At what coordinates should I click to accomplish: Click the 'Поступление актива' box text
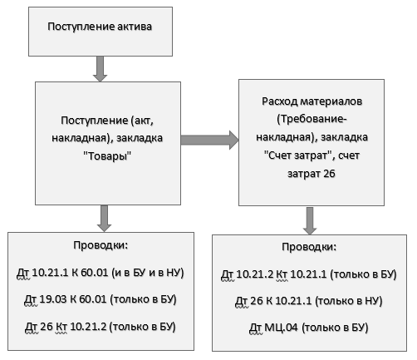(x=100, y=27)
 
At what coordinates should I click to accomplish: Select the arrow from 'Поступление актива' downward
(x=100, y=69)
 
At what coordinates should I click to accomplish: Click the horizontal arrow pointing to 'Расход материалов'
(x=209, y=140)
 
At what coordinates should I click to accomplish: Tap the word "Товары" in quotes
(x=107, y=156)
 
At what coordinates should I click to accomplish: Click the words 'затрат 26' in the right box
(x=312, y=174)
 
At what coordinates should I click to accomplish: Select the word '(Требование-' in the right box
(x=312, y=119)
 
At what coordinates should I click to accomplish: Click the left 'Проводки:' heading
(x=101, y=245)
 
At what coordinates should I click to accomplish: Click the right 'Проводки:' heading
(x=309, y=247)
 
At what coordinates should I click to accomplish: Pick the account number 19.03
(x=53, y=299)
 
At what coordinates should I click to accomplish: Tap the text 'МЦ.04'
(x=281, y=328)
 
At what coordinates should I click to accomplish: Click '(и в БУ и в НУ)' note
(x=148, y=273)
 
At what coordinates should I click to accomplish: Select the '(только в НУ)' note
(x=349, y=301)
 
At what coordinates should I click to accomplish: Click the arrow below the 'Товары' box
(x=104, y=218)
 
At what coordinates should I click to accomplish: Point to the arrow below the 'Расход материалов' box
(x=310, y=220)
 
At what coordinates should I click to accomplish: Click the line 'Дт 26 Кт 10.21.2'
(x=66, y=327)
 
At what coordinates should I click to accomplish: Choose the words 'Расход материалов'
(x=312, y=101)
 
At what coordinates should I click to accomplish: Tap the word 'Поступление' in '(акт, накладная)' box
(x=95, y=121)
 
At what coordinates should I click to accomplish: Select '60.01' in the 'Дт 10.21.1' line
(x=94, y=273)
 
